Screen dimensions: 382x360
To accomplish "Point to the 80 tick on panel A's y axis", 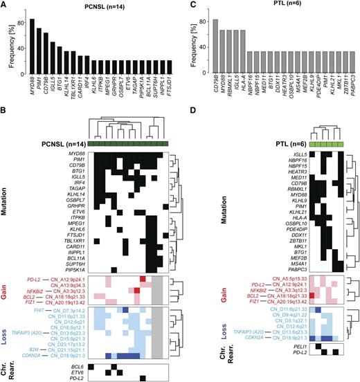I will point(19,21).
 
